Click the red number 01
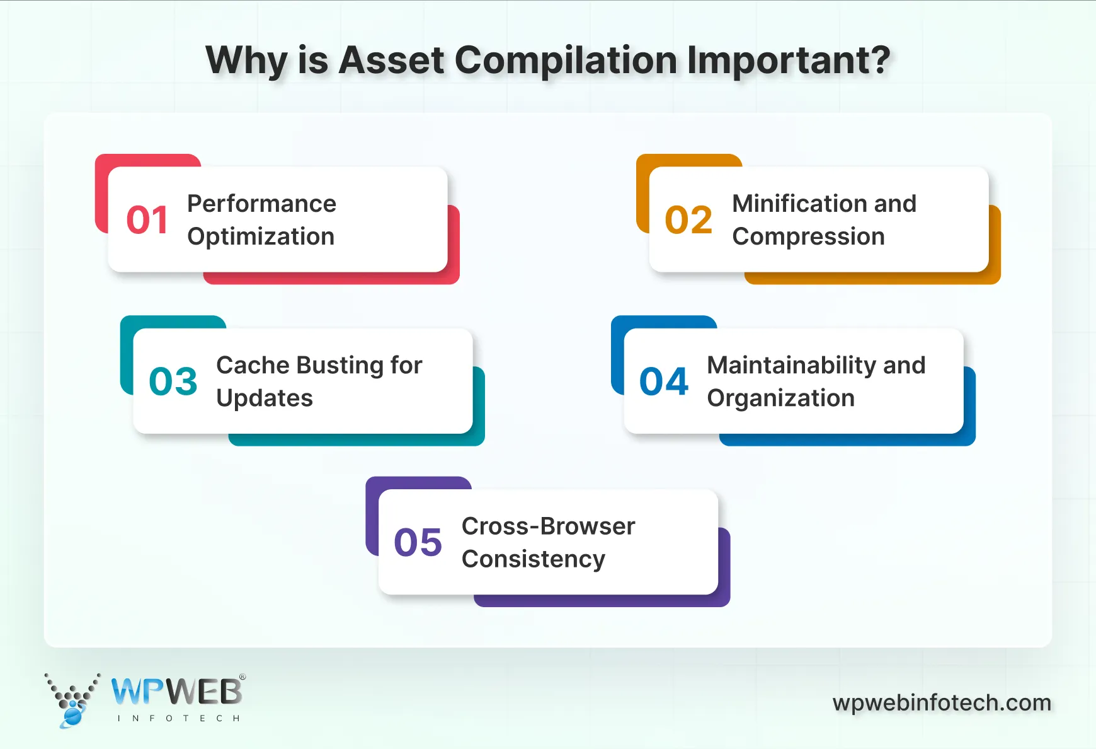click(x=147, y=220)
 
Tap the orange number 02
click(x=688, y=220)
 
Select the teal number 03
click(x=173, y=381)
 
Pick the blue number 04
click(x=664, y=381)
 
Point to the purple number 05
click(x=418, y=543)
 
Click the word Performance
click(x=261, y=204)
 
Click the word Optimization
click(x=261, y=237)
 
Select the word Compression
click(x=808, y=237)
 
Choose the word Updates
click(x=265, y=398)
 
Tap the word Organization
click(x=780, y=398)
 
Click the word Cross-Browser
click(x=548, y=526)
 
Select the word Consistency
click(x=533, y=559)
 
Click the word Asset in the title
click(x=391, y=61)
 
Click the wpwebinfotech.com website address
click(x=942, y=702)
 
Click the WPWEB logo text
click(x=177, y=692)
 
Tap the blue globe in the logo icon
click(x=72, y=716)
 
